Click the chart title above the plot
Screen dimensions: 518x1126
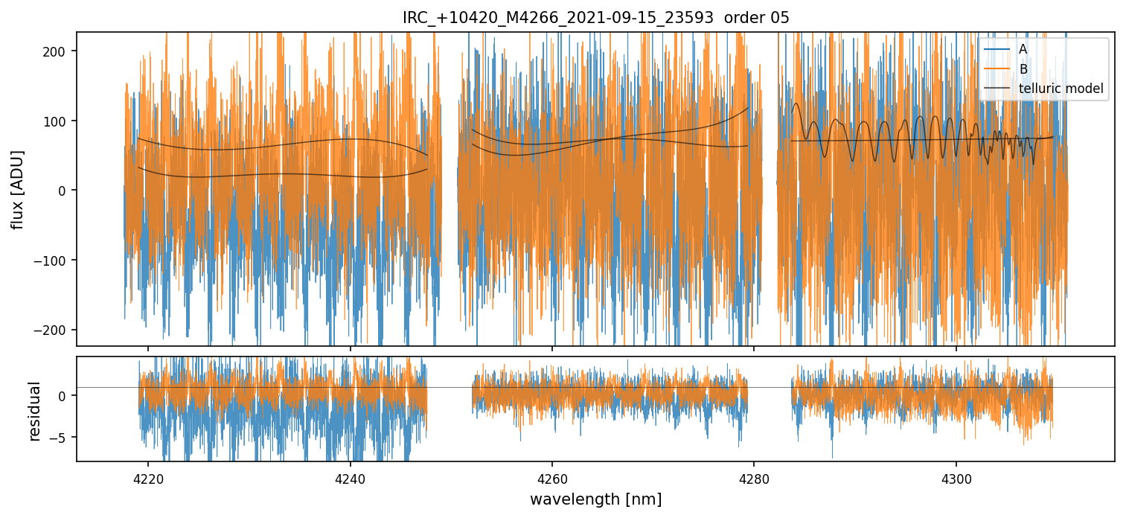(595, 18)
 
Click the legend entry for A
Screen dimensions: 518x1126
(1023, 50)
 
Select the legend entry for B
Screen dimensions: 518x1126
(1023, 69)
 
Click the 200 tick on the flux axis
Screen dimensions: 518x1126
(58, 51)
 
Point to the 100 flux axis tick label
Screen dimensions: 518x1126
(58, 121)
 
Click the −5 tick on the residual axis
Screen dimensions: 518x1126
(60, 437)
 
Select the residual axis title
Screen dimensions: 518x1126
(34, 411)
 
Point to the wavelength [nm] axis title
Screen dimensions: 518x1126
(595, 499)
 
